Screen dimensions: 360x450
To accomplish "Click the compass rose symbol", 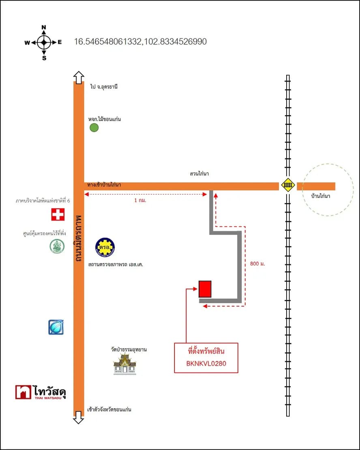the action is [x=44, y=43].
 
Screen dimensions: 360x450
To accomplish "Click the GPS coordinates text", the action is [x=140, y=42].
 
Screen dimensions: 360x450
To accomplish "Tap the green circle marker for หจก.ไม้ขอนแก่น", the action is [x=94, y=128].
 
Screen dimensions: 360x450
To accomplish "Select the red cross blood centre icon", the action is [x=58, y=214].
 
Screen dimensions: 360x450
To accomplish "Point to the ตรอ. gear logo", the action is [x=105, y=247].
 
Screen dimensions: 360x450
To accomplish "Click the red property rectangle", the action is [x=205, y=289].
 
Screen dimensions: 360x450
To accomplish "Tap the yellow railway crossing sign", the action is [x=288, y=186].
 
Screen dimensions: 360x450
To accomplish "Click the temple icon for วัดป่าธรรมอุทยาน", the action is [x=124, y=364].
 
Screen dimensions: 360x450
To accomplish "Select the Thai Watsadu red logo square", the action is [x=23, y=392].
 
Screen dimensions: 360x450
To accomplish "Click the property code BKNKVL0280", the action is [x=206, y=364].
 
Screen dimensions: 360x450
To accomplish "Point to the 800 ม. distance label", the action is [x=257, y=264].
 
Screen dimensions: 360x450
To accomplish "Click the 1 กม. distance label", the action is [x=140, y=200].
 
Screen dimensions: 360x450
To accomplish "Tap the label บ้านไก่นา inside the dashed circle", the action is [x=320, y=196].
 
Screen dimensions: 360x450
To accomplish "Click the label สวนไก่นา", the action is [x=199, y=174].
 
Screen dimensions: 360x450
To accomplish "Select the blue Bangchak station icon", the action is [x=56, y=327].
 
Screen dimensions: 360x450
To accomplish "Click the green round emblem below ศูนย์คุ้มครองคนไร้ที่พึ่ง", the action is [x=57, y=246].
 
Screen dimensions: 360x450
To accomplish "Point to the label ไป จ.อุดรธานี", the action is [x=104, y=87].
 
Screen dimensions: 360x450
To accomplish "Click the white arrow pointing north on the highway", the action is [x=78, y=77].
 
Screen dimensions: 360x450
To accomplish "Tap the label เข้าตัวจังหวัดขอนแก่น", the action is [x=109, y=409].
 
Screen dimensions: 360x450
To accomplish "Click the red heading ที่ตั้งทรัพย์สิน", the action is [x=206, y=351].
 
